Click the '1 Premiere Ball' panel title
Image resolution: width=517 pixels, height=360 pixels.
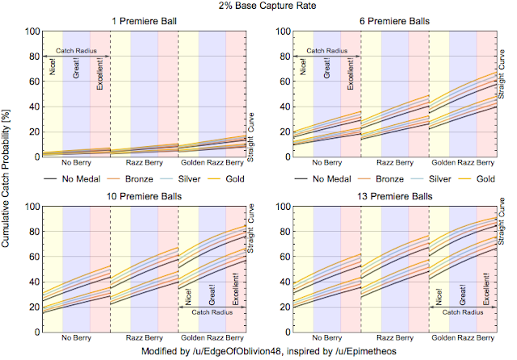point(144,22)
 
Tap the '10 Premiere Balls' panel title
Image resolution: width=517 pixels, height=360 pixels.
point(144,197)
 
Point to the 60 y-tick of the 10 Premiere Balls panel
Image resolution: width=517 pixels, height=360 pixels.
point(35,257)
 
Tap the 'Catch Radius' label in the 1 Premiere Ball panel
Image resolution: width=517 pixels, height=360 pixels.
point(76,50)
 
